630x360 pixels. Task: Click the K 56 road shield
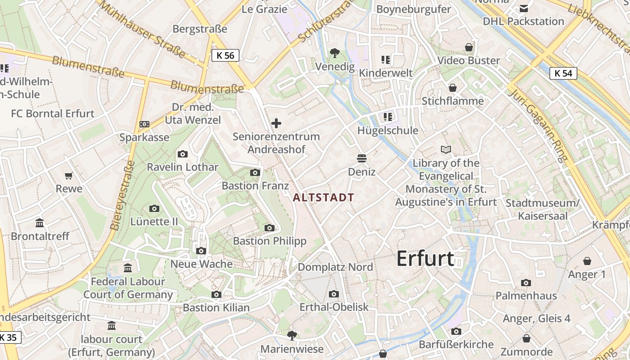click(x=225, y=55)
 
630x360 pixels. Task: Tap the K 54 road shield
click(x=563, y=73)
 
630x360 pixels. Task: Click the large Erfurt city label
click(x=425, y=259)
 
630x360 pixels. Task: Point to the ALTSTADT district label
click(x=323, y=197)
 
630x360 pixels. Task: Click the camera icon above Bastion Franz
click(x=255, y=172)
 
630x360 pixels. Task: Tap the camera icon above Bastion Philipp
click(x=270, y=228)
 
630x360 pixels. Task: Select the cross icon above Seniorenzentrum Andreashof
click(x=276, y=123)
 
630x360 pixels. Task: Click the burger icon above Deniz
click(x=361, y=158)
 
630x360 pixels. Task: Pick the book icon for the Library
click(x=445, y=149)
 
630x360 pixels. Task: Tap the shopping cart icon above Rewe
click(x=68, y=175)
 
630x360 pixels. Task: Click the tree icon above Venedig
click(x=334, y=53)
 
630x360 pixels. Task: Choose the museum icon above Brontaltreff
click(x=40, y=223)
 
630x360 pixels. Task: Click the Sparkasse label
click(x=144, y=137)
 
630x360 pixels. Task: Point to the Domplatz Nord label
click(x=335, y=267)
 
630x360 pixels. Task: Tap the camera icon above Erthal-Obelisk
click(x=333, y=294)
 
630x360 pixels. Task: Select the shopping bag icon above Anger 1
click(x=587, y=261)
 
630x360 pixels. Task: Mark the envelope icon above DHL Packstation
click(x=524, y=9)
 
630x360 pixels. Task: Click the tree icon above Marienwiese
click(x=292, y=335)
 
